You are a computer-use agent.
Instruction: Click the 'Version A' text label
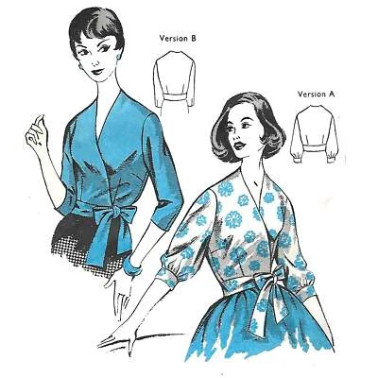[x=317, y=94]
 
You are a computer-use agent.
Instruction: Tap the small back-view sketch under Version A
[x=319, y=134]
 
